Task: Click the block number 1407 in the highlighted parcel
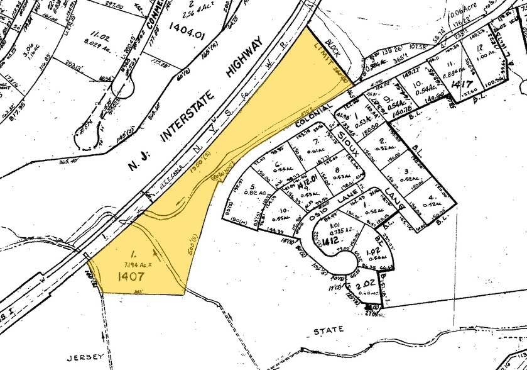[x=130, y=275]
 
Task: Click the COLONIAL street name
[x=312, y=116]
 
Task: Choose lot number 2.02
[x=362, y=285]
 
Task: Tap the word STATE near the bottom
[x=329, y=329]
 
